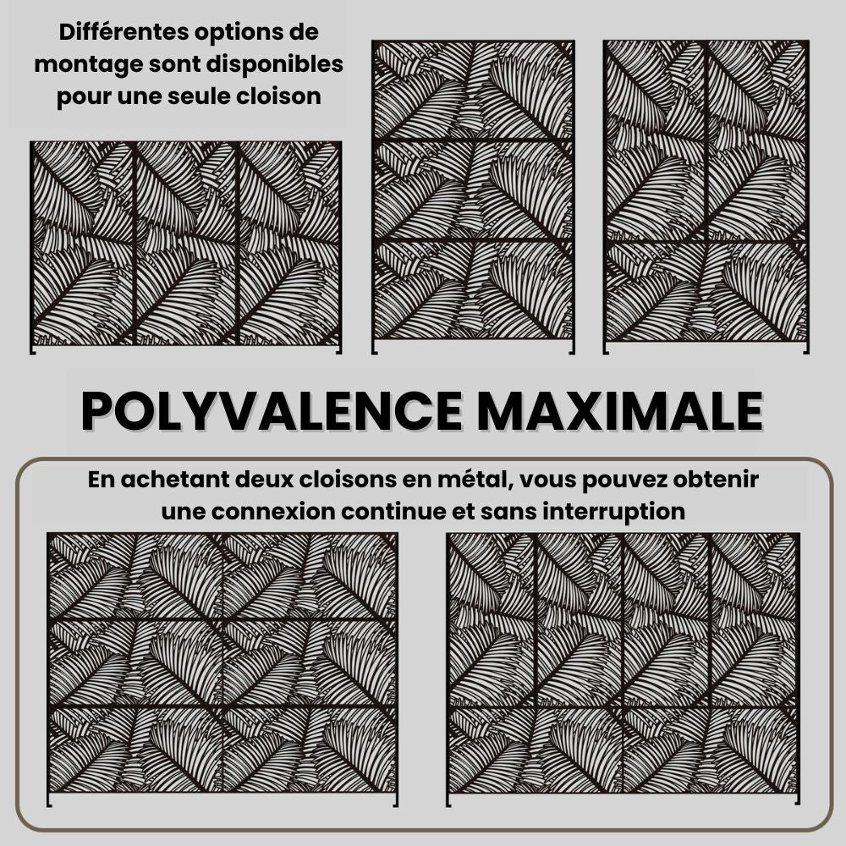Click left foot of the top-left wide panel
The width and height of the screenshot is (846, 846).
(32, 350)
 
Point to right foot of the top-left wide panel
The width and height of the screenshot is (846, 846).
(339, 350)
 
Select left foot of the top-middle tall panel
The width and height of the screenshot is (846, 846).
(374, 349)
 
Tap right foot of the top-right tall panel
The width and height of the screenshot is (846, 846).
(806, 349)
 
